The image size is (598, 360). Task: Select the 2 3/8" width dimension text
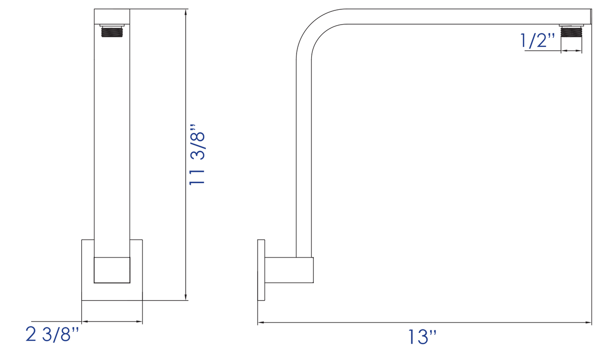click(x=52, y=334)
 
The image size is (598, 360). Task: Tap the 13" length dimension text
click(x=422, y=337)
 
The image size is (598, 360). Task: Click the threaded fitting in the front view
click(x=112, y=32)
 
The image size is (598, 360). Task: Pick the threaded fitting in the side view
click(x=571, y=32)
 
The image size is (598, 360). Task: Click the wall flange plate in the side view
click(x=261, y=270)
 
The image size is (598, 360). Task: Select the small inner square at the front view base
click(x=112, y=270)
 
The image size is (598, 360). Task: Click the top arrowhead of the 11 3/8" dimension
click(x=186, y=13)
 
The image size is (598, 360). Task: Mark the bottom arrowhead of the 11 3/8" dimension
click(x=186, y=296)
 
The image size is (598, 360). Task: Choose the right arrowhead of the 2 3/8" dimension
click(x=139, y=322)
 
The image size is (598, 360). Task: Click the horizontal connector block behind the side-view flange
click(x=289, y=270)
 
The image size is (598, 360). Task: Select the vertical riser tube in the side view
click(x=303, y=158)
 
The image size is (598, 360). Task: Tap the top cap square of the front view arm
click(x=112, y=16)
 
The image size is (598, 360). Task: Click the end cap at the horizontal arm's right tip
click(x=590, y=17)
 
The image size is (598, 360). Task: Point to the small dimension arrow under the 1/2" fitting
click(x=571, y=51)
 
